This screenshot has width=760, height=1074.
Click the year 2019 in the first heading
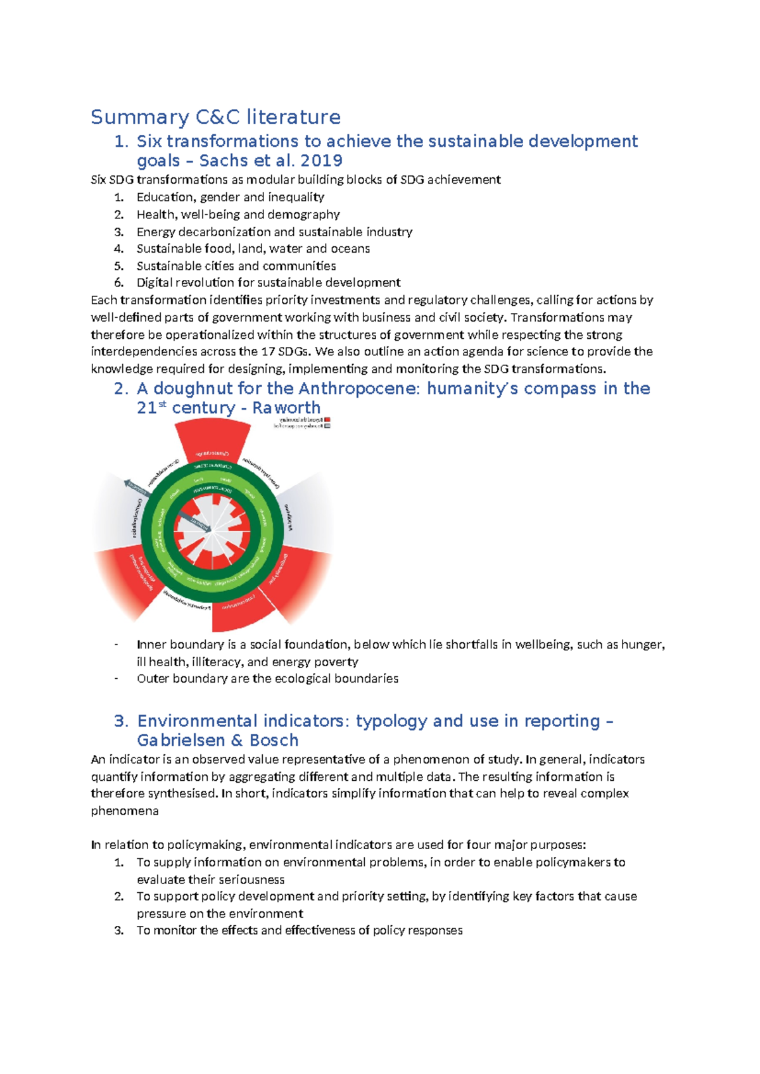click(321, 161)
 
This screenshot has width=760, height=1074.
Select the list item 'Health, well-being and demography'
click(238, 215)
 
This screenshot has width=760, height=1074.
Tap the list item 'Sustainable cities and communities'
click(236, 266)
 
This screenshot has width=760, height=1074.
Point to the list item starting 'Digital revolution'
click(269, 282)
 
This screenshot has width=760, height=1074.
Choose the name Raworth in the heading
click(286, 408)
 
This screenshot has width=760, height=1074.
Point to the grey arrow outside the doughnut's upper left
click(136, 487)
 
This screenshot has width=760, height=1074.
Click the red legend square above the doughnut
click(327, 419)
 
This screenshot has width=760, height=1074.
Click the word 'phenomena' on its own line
click(125, 811)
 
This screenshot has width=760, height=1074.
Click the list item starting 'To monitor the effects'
click(300, 930)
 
